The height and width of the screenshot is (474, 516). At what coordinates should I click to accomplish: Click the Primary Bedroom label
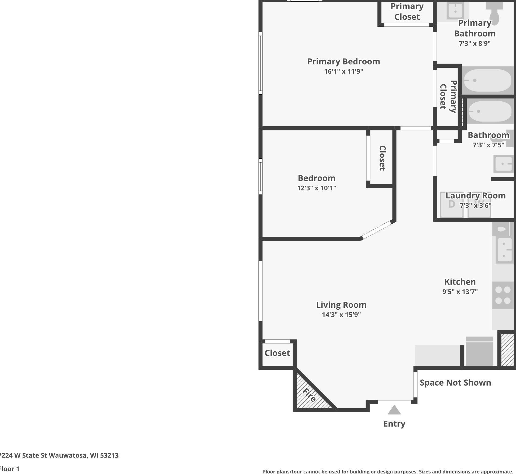point(343,62)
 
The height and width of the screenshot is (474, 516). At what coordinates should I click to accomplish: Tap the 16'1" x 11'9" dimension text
point(343,71)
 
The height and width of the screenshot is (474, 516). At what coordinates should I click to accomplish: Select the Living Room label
point(341,305)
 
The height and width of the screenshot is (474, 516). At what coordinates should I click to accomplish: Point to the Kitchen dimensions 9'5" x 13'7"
point(460,292)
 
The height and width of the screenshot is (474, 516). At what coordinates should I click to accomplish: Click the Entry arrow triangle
point(394,410)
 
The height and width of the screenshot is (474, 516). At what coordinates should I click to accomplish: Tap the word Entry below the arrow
point(394,424)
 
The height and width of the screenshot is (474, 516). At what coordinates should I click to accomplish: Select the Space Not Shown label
point(455,383)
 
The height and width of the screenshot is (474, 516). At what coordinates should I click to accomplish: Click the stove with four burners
point(503,295)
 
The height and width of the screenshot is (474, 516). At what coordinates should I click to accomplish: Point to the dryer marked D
point(452,205)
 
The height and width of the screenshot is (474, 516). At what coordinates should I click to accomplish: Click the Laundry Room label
point(476,196)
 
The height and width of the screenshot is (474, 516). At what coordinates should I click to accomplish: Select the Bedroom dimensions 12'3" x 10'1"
point(317,188)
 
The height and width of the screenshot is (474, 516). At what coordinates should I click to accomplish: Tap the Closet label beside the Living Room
point(277,353)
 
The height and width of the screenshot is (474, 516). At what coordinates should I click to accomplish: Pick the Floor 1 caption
point(9,469)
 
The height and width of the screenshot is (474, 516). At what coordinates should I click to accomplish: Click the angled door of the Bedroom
point(376,230)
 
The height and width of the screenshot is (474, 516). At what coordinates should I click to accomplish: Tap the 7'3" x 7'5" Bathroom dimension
point(488,145)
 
